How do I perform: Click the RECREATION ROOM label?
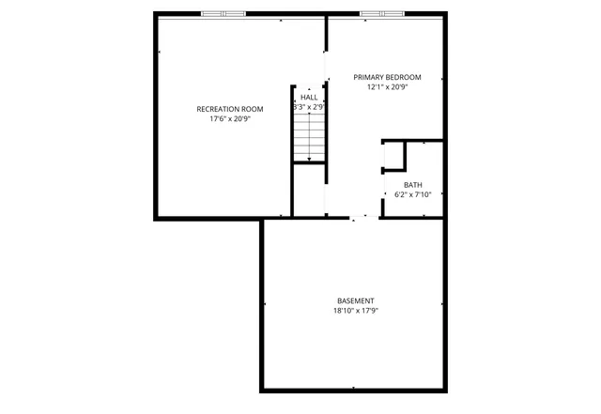(x=229, y=109)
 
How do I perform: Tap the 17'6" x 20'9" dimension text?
(x=229, y=120)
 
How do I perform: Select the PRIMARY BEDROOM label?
(x=387, y=77)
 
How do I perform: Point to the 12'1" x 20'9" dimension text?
(x=387, y=87)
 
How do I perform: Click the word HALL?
(x=309, y=97)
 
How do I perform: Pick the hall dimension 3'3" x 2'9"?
(x=309, y=108)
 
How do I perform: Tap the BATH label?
(x=413, y=184)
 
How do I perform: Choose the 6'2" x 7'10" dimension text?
(x=413, y=194)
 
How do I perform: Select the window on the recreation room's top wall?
(x=223, y=14)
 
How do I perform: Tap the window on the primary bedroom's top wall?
(x=382, y=14)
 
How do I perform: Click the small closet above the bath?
(x=393, y=157)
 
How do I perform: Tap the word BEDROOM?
(x=404, y=77)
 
